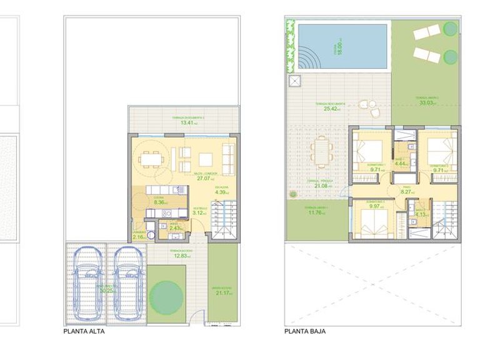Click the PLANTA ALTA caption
point(84,332)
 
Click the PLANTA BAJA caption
point(304,332)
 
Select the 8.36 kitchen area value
point(159,202)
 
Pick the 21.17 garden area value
point(222,294)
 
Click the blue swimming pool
point(342,47)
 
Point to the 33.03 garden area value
point(427,103)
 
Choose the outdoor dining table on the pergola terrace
point(320,151)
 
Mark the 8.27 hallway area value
point(406,192)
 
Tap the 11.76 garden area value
point(314,212)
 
